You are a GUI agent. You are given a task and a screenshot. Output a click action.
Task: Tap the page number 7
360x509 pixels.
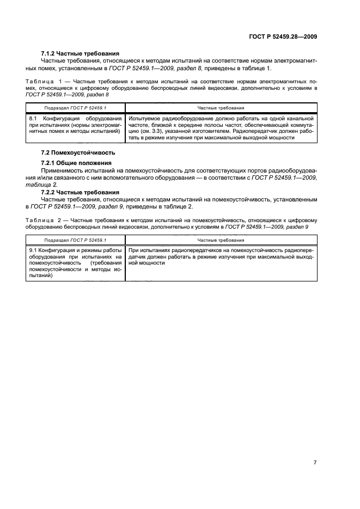315,462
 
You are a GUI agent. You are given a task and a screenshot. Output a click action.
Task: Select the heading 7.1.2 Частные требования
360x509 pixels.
80,54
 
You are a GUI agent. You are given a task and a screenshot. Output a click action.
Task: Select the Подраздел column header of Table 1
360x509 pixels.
75,108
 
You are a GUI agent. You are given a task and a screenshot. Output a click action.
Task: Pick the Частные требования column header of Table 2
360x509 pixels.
221,240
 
